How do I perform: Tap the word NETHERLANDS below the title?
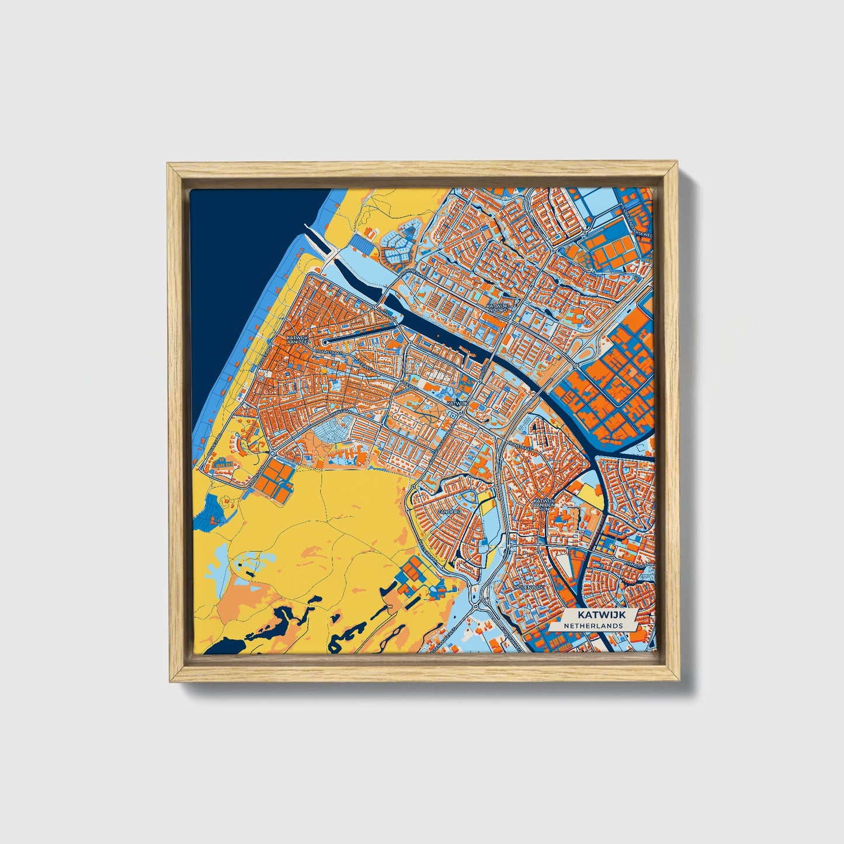coord(593,626)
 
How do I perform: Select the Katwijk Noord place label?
coord(497,308)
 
